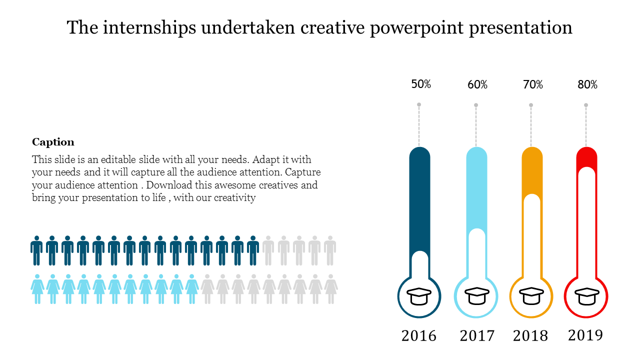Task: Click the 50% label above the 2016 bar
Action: [x=421, y=84]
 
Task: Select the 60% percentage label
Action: [x=477, y=85]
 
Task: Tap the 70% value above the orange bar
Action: [x=533, y=85]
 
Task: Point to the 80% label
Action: [x=587, y=85]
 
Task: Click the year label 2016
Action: [x=419, y=336]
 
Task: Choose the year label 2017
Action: [x=477, y=336]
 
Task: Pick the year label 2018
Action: [x=530, y=336]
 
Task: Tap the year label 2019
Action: [x=585, y=335]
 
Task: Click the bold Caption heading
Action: [x=53, y=142]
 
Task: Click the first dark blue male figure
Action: [x=36, y=250]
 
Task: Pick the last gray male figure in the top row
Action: [x=330, y=250]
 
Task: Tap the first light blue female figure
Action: [x=37, y=289]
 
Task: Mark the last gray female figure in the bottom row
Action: [x=330, y=289]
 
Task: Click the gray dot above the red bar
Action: [x=586, y=105]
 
